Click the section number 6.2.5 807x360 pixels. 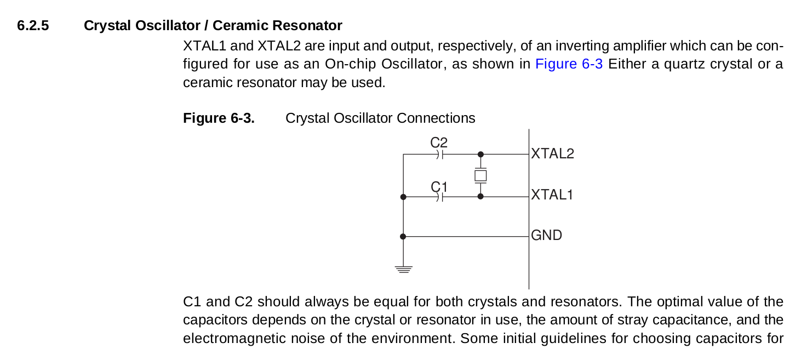click(33, 26)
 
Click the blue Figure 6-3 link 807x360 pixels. click(569, 64)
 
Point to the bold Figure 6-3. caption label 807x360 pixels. click(219, 118)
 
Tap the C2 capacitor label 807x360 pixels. click(439, 142)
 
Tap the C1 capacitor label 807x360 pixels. click(439, 187)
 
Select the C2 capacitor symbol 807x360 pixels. click(439, 155)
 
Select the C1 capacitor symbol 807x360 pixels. click(439, 197)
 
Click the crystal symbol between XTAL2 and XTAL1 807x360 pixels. click(480, 176)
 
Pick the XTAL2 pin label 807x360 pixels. click(552, 154)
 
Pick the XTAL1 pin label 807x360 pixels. click(552, 195)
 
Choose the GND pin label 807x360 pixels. click(546, 235)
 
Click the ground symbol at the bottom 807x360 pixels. click(403, 270)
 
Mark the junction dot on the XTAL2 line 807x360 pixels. click(480, 155)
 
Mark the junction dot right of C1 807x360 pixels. click(480, 196)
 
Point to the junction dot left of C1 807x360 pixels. click(403, 197)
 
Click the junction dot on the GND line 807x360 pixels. click(403, 236)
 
